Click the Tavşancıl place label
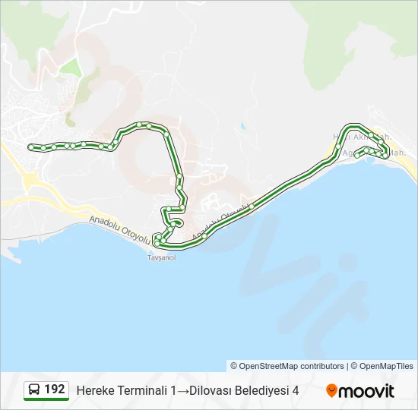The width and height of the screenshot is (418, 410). pyautogui.click(x=160, y=257)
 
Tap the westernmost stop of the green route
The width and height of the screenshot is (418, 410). pyautogui.click(x=30, y=147)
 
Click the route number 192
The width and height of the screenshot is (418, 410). pyautogui.click(x=55, y=389)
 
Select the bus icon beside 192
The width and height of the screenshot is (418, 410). pyautogui.click(x=34, y=390)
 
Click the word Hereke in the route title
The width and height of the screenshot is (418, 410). pyautogui.click(x=94, y=390)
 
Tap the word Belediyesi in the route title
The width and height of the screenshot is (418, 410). pyautogui.click(x=264, y=390)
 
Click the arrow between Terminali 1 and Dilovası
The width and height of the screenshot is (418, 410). pyautogui.click(x=183, y=390)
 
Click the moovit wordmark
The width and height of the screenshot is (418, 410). pyautogui.click(x=366, y=391)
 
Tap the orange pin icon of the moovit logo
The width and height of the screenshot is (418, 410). pyautogui.click(x=331, y=391)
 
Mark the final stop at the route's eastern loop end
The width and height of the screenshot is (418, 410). pyautogui.click(x=357, y=156)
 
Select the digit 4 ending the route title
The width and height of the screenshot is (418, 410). pyautogui.click(x=296, y=390)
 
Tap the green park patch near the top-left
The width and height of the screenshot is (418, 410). pyautogui.click(x=71, y=67)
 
